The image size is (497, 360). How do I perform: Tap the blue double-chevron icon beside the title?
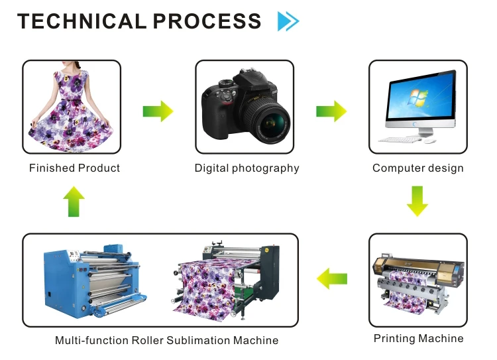pos(288,21)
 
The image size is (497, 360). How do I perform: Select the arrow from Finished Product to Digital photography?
pos(158,111)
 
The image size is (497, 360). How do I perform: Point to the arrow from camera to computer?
pos(331,111)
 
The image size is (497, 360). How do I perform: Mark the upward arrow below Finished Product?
pos(73,202)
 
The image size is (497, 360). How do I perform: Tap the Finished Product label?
pos(74,168)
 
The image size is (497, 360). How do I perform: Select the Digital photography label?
pos(247,168)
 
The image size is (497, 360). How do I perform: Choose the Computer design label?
pos(417,168)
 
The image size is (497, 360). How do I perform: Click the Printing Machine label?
pos(418,339)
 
